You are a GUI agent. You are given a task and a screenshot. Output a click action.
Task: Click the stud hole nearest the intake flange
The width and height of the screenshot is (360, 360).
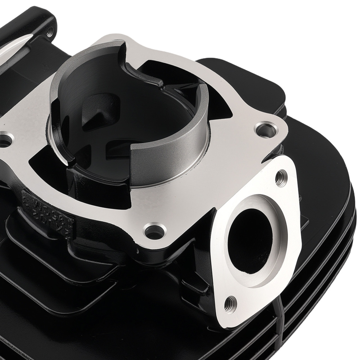265,129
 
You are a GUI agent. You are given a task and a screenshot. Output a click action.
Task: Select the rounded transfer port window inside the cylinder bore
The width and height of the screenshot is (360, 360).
90,108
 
